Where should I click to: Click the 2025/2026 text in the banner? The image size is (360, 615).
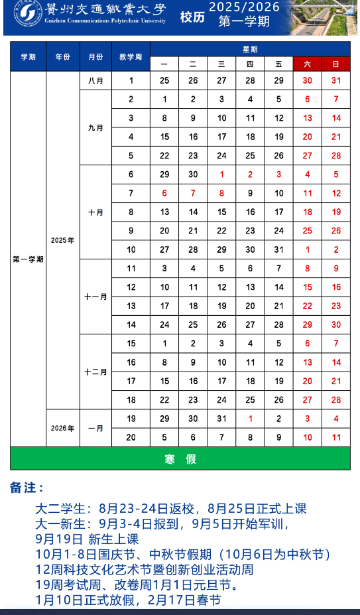[x=244, y=7]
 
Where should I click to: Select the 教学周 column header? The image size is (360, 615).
[x=131, y=56]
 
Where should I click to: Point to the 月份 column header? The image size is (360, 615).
[x=95, y=56]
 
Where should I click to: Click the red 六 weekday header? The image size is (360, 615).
[x=307, y=64]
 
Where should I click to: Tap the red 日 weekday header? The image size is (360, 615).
[x=336, y=64]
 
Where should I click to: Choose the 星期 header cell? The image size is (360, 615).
[x=250, y=49]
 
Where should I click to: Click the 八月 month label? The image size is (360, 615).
[x=95, y=80]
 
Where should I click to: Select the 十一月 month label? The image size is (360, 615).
[x=95, y=297]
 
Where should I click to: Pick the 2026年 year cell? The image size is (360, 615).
[x=62, y=428]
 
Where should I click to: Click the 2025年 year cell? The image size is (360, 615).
[x=62, y=240]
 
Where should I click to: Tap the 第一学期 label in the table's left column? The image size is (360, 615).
[x=28, y=259]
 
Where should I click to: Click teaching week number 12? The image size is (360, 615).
[x=131, y=287]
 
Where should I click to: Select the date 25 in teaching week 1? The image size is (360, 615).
[x=164, y=80]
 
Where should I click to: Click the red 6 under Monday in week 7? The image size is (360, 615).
[x=164, y=193]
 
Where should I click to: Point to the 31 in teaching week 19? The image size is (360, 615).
[x=222, y=419]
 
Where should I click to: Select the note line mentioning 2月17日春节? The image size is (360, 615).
[x=128, y=600]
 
